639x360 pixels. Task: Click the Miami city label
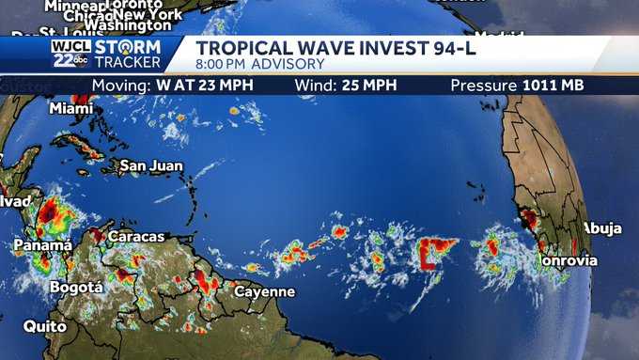(71, 108)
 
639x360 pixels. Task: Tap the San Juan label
(147, 166)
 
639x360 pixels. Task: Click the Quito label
(45, 326)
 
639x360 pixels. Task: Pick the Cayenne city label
(264, 291)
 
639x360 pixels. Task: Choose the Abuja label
(602, 227)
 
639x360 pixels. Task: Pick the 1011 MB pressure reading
(553, 86)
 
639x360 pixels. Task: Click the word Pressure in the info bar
(483, 86)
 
